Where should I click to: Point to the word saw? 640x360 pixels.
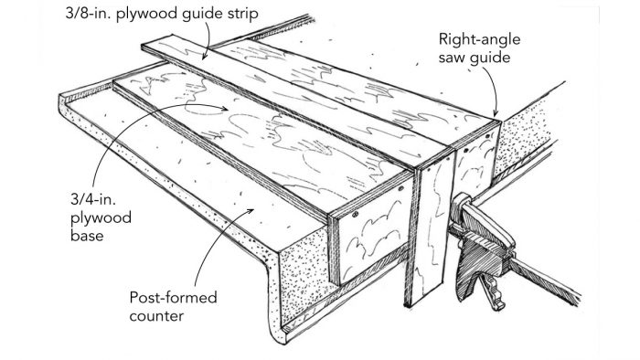click(x=454, y=59)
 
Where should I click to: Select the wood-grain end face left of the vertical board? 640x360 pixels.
click(x=369, y=242)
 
